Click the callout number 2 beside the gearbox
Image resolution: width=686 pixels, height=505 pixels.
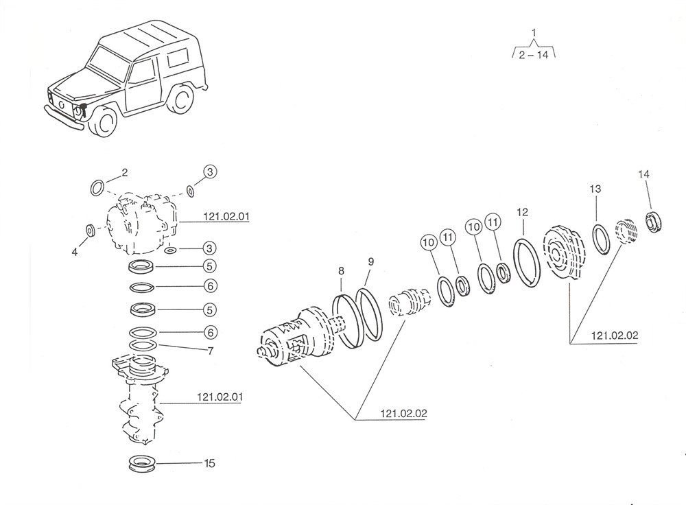tap(124, 172)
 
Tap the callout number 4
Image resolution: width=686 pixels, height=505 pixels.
tap(75, 252)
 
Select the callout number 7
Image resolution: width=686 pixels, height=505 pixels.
tap(211, 351)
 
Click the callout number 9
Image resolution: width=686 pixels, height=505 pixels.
tap(370, 261)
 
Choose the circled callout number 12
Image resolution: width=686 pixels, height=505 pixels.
tap(523, 212)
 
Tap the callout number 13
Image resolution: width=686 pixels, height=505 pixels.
tap(595, 189)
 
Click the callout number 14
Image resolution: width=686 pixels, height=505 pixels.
tap(643, 175)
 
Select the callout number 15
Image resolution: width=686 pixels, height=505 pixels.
tap(209, 464)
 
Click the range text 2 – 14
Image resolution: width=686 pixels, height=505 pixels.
tap(534, 56)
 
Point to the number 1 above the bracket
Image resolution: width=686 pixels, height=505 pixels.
tap(534, 32)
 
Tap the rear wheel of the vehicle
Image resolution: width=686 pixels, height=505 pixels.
tap(182, 99)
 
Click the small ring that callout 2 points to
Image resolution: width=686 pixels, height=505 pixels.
tap(98, 186)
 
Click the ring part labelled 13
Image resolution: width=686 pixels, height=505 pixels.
tap(603, 240)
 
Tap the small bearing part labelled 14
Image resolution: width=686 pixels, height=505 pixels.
tap(654, 222)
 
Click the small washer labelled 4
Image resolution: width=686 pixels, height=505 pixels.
tap(91, 229)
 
